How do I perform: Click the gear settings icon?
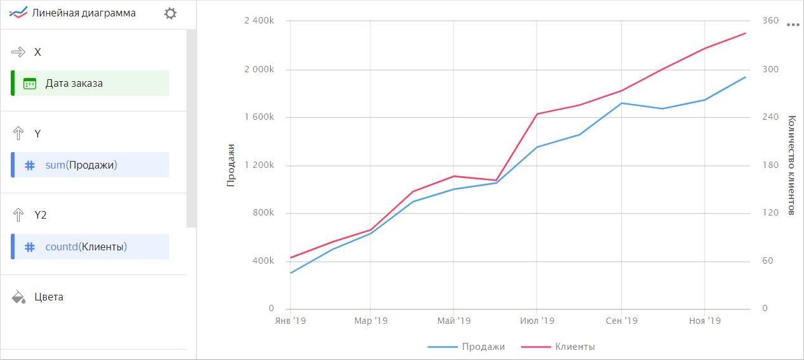point(170,13)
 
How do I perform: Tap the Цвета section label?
point(49,297)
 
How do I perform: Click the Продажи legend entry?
point(483,347)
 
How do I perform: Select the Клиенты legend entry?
point(574,347)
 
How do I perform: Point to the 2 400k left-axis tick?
point(259,21)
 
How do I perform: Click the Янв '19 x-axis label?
point(290,321)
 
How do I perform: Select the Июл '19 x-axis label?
point(537,321)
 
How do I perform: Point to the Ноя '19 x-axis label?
point(704,321)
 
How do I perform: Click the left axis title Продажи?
point(231,165)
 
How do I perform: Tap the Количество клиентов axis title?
point(791,165)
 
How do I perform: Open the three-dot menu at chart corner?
point(793,25)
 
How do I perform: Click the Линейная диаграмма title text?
point(84,13)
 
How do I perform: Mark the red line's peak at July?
point(537,114)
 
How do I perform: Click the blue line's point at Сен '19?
point(621,103)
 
